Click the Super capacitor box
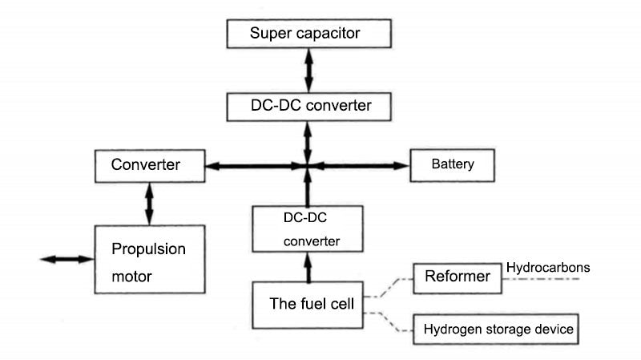click(x=309, y=34)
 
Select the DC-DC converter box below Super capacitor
click(x=309, y=105)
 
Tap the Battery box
click(x=454, y=165)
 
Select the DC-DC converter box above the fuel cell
click(x=308, y=229)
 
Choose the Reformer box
click(x=458, y=277)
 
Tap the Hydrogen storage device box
click(x=494, y=330)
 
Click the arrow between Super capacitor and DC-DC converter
click(x=308, y=70)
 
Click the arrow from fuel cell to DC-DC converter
click(x=308, y=267)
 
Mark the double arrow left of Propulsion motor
click(x=67, y=259)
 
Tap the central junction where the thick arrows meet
click(x=308, y=166)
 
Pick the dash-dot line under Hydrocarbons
click(x=545, y=279)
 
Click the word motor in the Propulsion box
click(x=133, y=276)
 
